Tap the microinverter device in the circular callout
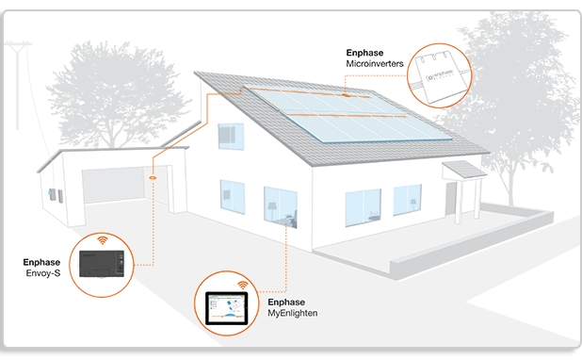442,73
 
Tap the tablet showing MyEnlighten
226,307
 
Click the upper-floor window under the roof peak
231,136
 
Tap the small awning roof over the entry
462,170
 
